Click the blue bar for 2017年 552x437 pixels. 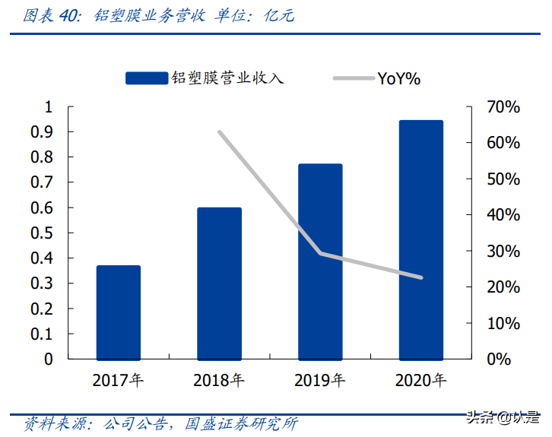(118, 312)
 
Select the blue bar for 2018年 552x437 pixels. (219, 283)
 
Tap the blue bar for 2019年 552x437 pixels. (320, 261)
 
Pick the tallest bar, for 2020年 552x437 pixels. (420, 239)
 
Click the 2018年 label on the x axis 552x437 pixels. (219, 380)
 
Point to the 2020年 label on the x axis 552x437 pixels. (420, 380)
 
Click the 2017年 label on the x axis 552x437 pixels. (118, 380)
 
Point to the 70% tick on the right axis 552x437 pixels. (503, 107)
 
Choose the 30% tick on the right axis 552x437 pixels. (503, 251)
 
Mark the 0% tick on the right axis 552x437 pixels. (498, 359)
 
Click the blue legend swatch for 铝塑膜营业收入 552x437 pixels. (146, 78)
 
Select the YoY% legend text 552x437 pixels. (398, 78)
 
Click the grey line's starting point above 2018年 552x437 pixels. (219, 132)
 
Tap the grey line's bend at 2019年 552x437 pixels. (320, 253)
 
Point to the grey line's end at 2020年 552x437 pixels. (420, 277)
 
